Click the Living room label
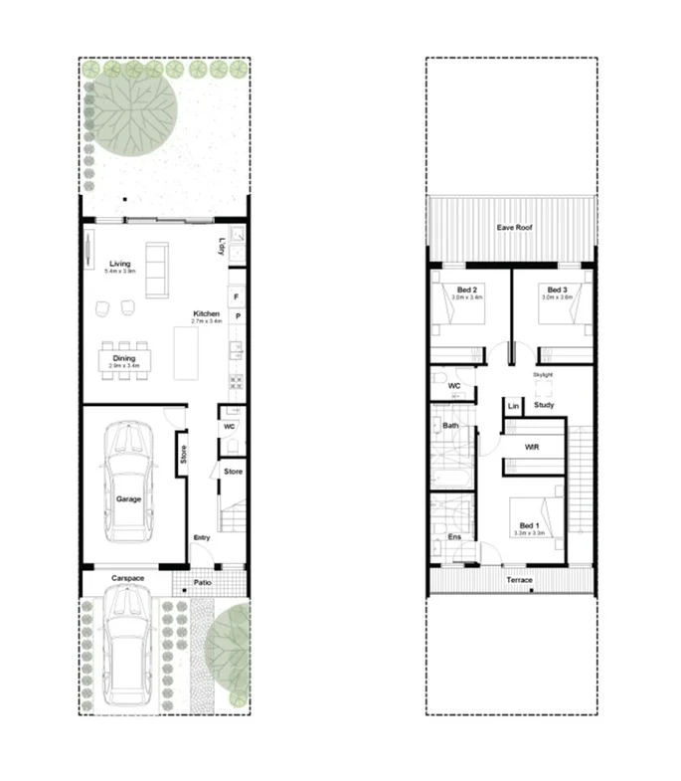(120, 264)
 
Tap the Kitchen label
(207, 314)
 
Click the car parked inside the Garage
(130, 482)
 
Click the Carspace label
(128, 579)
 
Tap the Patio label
(204, 582)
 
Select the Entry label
(202, 538)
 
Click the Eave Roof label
(515, 228)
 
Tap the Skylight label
(543, 374)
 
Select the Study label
(544, 405)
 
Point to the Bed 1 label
(529, 525)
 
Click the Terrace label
(519, 580)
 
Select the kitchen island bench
(186, 353)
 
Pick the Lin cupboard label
(513, 406)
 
